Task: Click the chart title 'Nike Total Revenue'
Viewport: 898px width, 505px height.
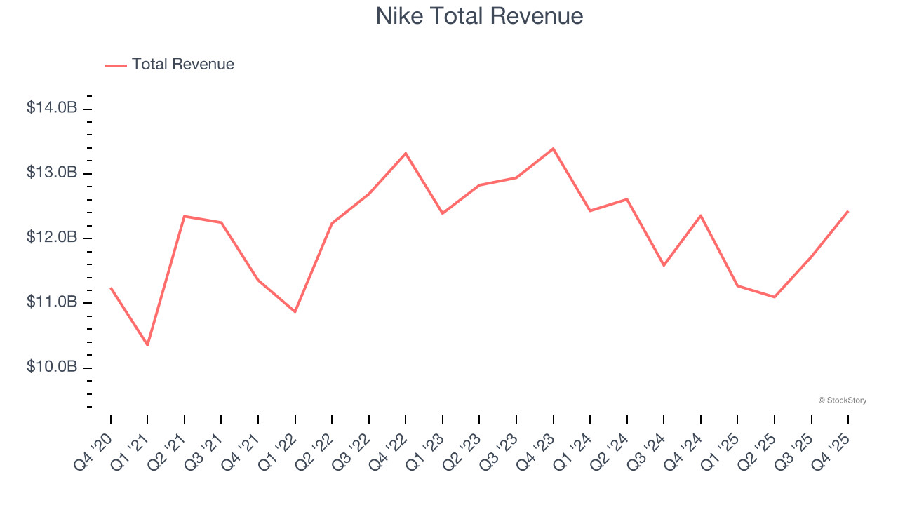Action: [479, 15]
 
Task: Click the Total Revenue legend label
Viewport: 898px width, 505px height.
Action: [182, 65]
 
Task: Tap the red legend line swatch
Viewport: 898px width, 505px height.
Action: [116, 65]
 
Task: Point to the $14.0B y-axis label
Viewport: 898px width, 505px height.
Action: [52, 108]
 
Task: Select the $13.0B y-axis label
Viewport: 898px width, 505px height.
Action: [52, 173]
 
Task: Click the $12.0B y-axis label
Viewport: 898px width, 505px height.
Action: [52, 238]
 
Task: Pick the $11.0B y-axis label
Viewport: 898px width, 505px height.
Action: [52, 302]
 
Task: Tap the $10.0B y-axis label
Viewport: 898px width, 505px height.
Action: [52, 367]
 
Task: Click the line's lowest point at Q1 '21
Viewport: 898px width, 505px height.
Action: [147, 345]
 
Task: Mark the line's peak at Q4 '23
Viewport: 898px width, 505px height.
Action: [553, 149]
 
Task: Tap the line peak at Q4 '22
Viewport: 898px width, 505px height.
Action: [406, 153]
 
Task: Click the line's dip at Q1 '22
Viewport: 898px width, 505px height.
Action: [295, 311]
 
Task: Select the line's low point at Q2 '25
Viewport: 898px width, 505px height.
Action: [775, 297]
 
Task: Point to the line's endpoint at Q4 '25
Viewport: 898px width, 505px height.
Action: [847, 211]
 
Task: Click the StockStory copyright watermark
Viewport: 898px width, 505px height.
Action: [842, 400]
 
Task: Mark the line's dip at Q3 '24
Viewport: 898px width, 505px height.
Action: [664, 265]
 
